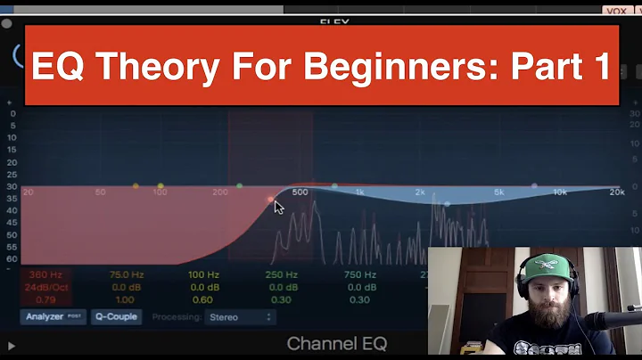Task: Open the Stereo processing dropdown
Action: click(241, 316)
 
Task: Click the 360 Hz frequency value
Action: click(45, 275)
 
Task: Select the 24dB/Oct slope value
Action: click(45, 287)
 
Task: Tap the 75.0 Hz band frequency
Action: click(125, 275)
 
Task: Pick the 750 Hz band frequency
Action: click(359, 275)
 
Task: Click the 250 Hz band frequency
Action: click(282, 275)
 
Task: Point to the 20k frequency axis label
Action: click(616, 192)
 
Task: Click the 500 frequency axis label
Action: click(300, 192)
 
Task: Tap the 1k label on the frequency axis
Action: click(360, 192)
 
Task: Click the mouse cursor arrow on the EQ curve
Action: click(278, 207)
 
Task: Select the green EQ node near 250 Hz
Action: click(239, 186)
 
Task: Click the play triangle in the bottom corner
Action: click(12, 345)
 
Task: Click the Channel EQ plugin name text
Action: click(337, 344)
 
